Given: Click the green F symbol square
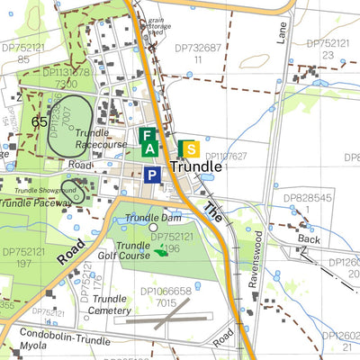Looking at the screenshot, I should click(x=146, y=135).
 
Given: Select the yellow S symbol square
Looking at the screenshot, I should click(x=189, y=148).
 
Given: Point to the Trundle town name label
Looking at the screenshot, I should click(x=195, y=167).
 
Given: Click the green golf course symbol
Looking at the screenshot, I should click(x=161, y=251).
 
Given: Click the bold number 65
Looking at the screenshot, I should click(x=40, y=121).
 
